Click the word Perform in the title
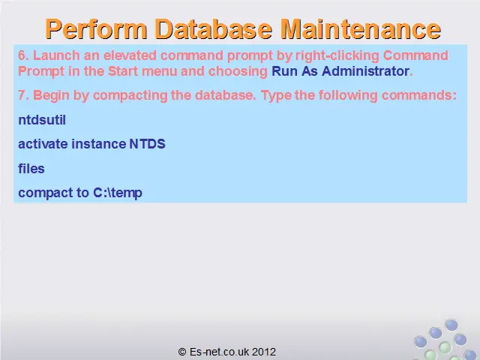[x=96, y=29]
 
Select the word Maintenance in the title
[x=361, y=29]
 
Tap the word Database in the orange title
[x=214, y=29]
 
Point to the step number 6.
[x=23, y=55]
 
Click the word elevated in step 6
[x=130, y=55]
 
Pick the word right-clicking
[x=337, y=56]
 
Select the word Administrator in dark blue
[x=365, y=71]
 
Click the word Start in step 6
[x=123, y=71]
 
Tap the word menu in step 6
[x=160, y=72]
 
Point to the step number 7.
[x=23, y=95]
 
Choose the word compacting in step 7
[x=130, y=96]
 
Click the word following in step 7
[x=348, y=96]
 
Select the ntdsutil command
[x=42, y=120]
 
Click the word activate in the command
[x=43, y=144]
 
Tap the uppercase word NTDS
[x=147, y=144]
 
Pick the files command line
[x=31, y=169]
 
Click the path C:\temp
[x=118, y=193]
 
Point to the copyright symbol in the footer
[x=182, y=352]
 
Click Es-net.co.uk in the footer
[x=220, y=352]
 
